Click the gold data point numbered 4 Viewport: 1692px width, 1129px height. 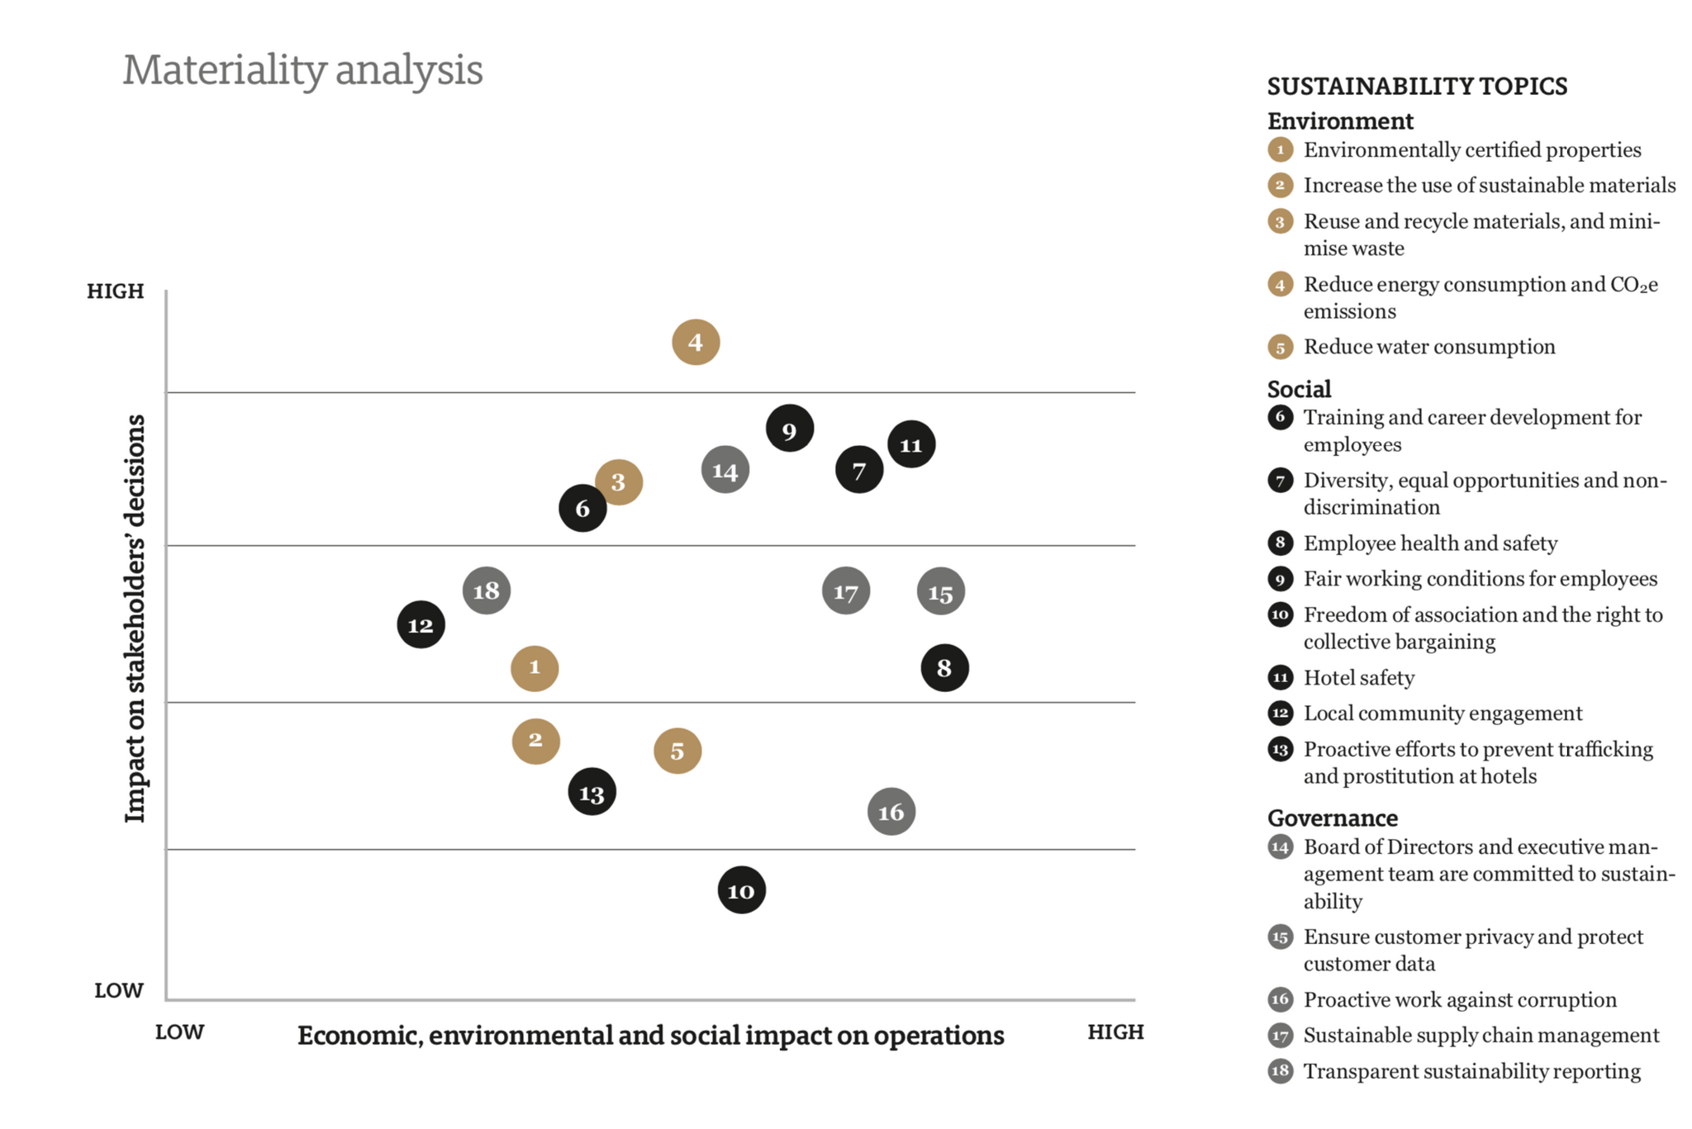click(x=696, y=342)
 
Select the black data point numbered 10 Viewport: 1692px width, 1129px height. click(x=741, y=890)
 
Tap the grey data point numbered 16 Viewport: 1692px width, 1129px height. click(x=891, y=812)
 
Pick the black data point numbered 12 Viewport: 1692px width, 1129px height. click(x=421, y=625)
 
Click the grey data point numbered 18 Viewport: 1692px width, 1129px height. click(x=486, y=591)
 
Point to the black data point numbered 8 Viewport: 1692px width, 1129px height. click(x=944, y=667)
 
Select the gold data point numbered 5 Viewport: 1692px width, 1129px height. click(x=677, y=751)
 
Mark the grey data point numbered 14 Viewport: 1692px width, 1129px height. click(x=725, y=471)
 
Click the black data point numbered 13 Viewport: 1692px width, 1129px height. click(x=592, y=793)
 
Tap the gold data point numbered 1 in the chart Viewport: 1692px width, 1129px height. click(x=535, y=667)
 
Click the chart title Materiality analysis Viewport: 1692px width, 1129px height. click(x=302, y=70)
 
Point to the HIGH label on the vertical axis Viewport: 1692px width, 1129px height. click(x=116, y=291)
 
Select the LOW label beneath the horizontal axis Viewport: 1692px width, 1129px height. click(x=179, y=1032)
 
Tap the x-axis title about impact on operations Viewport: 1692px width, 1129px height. click(x=650, y=1036)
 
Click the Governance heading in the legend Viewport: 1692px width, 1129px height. click(x=1332, y=818)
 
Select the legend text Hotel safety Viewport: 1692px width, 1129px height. click(x=1358, y=678)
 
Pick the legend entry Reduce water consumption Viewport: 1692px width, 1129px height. click(x=1428, y=347)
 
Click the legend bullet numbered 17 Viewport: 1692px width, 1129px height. click(x=1280, y=1035)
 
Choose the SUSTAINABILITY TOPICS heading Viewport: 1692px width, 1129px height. click(x=1417, y=86)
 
